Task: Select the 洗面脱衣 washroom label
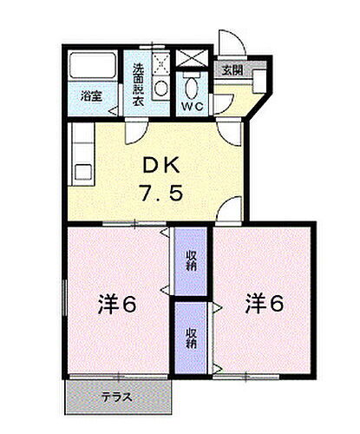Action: [139, 83]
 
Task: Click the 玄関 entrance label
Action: [231, 71]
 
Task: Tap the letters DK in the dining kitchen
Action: [158, 164]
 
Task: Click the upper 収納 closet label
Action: [190, 260]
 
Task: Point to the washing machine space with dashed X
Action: [160, 62]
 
